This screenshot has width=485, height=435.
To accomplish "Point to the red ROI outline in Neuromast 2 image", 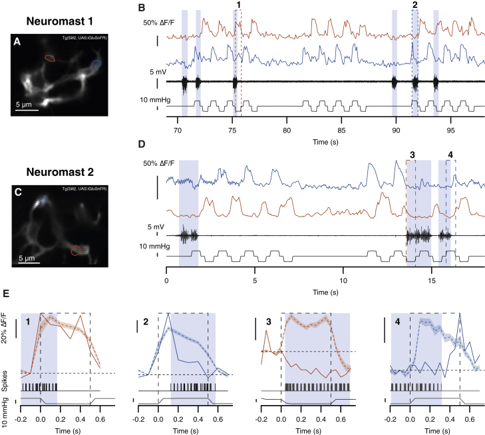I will (76, 250).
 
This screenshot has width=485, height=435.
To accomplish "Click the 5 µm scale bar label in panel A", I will (27, 104).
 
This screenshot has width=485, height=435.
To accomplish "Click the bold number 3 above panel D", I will (412, 155).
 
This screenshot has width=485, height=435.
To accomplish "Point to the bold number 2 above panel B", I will (415, 5).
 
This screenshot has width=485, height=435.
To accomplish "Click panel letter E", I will (7, 293).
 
